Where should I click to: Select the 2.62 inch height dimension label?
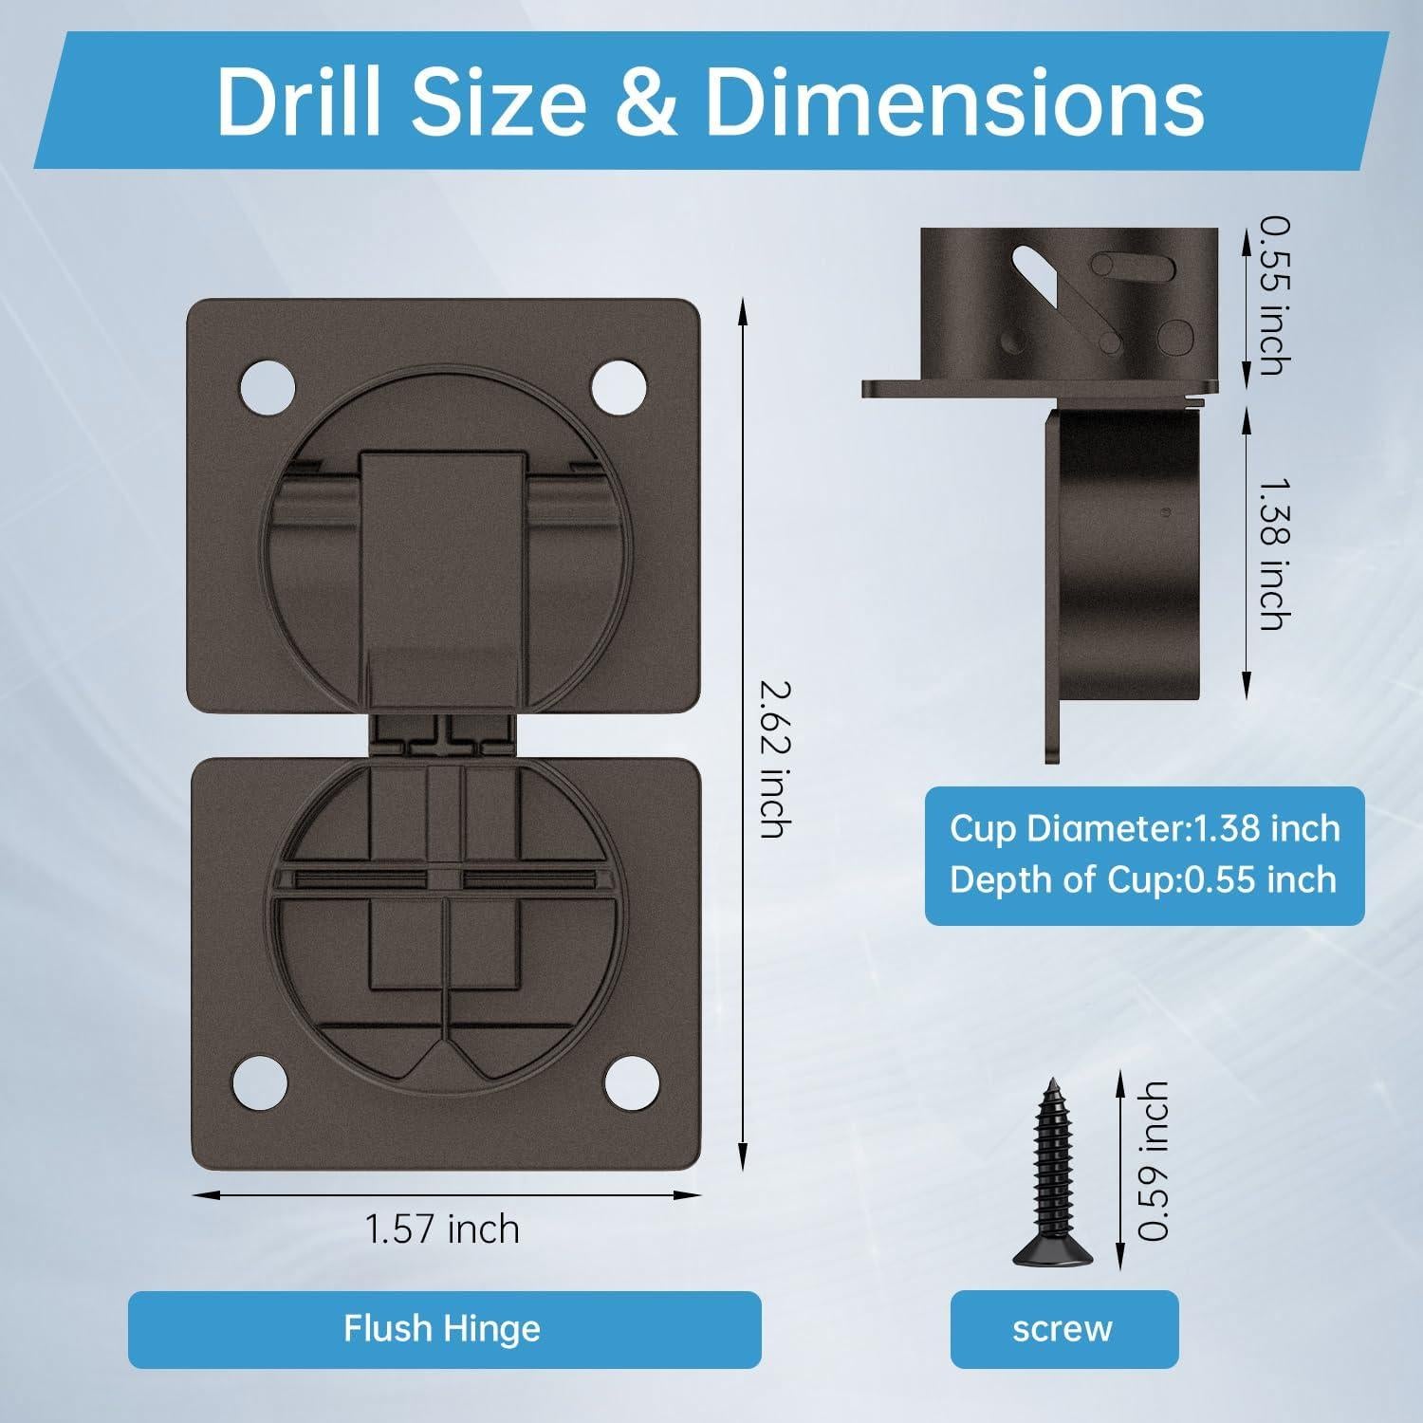[x=772, y=760]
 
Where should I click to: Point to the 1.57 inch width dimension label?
[x=443, y=1229]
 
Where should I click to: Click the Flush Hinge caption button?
[x=444, y=1329]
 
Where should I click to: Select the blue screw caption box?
[x=1063, y=1329]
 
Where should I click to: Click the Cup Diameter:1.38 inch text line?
[x=1145, y=828]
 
